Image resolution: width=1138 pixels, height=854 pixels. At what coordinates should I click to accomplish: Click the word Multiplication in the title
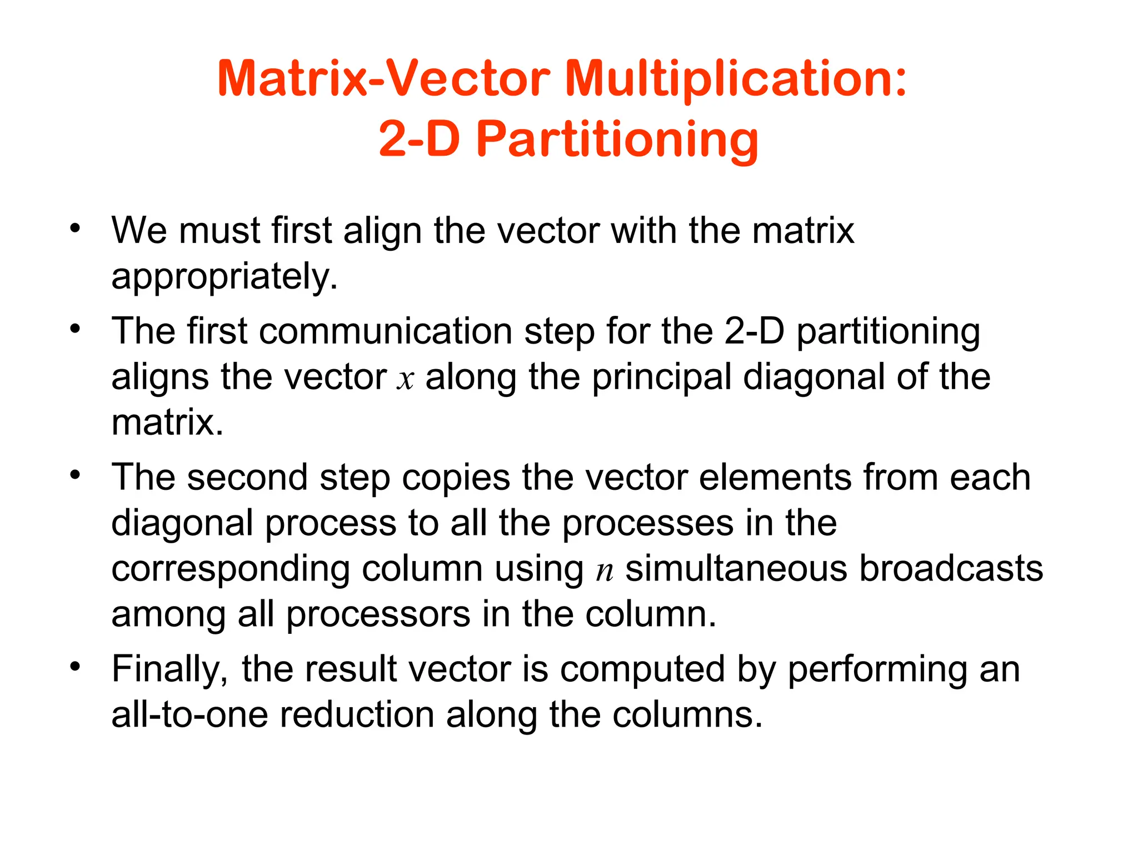[x=736, y=80]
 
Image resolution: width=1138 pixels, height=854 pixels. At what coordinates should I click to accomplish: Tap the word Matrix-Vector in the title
[x=383, y=80]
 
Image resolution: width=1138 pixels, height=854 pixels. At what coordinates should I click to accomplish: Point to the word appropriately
[x=224, y=276]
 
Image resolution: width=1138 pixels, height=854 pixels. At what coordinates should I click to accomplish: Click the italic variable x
[x=406, y=379]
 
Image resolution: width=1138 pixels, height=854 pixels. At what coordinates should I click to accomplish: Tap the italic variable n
[x=605, y=570]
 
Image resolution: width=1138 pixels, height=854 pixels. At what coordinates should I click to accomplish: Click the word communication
[x=386, y=331]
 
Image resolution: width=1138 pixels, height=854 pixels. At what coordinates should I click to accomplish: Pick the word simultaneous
[x=736, y=568]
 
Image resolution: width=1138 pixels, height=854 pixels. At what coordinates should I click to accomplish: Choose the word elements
[x=775, y=478]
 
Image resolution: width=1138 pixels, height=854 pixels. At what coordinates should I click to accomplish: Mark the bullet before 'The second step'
[x=75, y=475]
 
